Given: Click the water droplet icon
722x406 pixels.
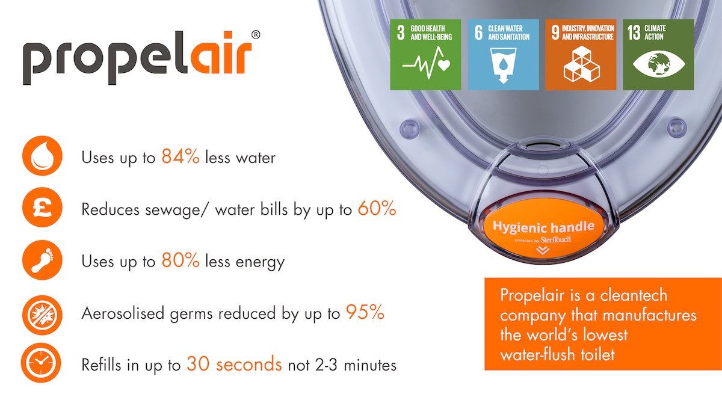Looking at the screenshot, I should coord(42,157).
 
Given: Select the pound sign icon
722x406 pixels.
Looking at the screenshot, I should coord(42,209).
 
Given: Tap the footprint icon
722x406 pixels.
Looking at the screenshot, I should coord(42,261).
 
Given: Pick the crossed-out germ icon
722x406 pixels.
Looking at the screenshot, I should coord(42,313).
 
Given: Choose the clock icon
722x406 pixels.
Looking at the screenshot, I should coord(42,364).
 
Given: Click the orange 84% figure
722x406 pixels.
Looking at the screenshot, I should coord(180,158).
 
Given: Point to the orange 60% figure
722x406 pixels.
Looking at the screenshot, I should coord(377,209).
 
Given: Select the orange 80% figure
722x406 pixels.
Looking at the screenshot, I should coord(180,262).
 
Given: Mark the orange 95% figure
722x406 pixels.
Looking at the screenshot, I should coord(365,313).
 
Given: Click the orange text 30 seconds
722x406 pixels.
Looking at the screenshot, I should coord(234,364).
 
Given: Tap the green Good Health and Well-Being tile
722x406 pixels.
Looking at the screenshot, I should coord(425,55).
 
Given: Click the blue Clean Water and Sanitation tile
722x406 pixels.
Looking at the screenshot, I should coord(503,55).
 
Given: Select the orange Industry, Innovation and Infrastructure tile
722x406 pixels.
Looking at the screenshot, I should coord(581,55).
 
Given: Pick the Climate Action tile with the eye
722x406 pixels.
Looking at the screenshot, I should coord(658,55).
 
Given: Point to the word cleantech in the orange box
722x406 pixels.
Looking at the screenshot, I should coord(634,296).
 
